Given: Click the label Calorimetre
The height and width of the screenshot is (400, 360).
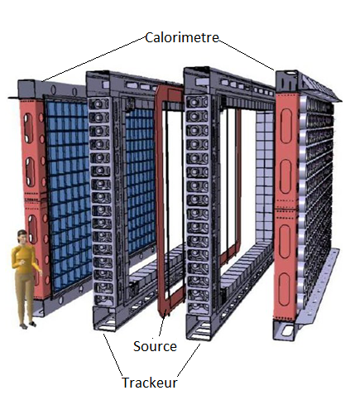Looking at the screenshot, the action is click(x=182, y=37).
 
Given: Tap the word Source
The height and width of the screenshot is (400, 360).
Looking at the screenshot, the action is click(x=155, y=346).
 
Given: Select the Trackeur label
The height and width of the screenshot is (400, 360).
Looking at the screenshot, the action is click(x=150, y=383).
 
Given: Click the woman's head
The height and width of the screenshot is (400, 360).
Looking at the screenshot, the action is click(x=22, y=237).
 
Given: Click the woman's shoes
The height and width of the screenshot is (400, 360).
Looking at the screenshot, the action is click(x=27, y=325).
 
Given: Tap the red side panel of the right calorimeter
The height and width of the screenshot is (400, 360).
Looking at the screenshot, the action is click(x=286, y=205).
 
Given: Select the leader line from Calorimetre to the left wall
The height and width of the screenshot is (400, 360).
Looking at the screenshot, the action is click(x=94, y=59).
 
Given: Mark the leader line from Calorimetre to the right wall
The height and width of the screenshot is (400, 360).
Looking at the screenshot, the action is click(x=247, y=55).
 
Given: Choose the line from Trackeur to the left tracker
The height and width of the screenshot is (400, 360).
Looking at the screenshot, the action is click(x=113, y=354).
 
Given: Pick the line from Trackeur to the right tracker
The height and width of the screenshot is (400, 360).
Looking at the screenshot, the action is click(x=189, y=360).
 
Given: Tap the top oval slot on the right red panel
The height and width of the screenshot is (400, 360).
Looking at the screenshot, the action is click(x=286, y=126).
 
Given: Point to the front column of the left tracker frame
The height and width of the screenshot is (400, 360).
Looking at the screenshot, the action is click(x=101, y=200).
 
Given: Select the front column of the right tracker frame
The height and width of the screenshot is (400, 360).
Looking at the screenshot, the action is click(x=197, y=205).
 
